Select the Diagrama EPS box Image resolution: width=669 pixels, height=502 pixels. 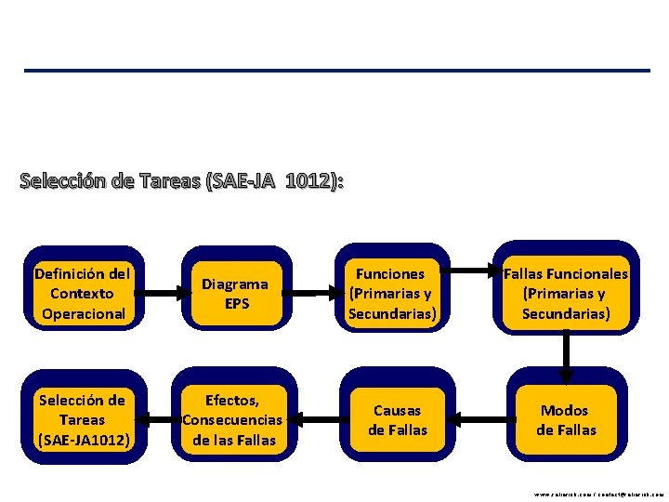pos(236,294)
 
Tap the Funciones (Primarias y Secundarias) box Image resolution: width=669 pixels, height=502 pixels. pos(390,294)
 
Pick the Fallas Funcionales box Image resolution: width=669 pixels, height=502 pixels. pos(566,294)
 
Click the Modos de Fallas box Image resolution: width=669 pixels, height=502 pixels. pos(566,420)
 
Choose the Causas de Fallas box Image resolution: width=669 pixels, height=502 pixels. pos(397,420)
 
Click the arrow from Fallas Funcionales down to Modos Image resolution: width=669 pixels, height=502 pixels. pos(566,354)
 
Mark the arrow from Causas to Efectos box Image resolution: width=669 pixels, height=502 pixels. pos(317,421)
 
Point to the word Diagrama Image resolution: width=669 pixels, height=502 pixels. pos(236,284)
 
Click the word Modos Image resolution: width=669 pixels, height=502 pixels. pos(566,410)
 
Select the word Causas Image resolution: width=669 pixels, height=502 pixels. pos(397,410)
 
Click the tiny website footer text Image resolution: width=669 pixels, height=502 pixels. pos(599,495)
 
